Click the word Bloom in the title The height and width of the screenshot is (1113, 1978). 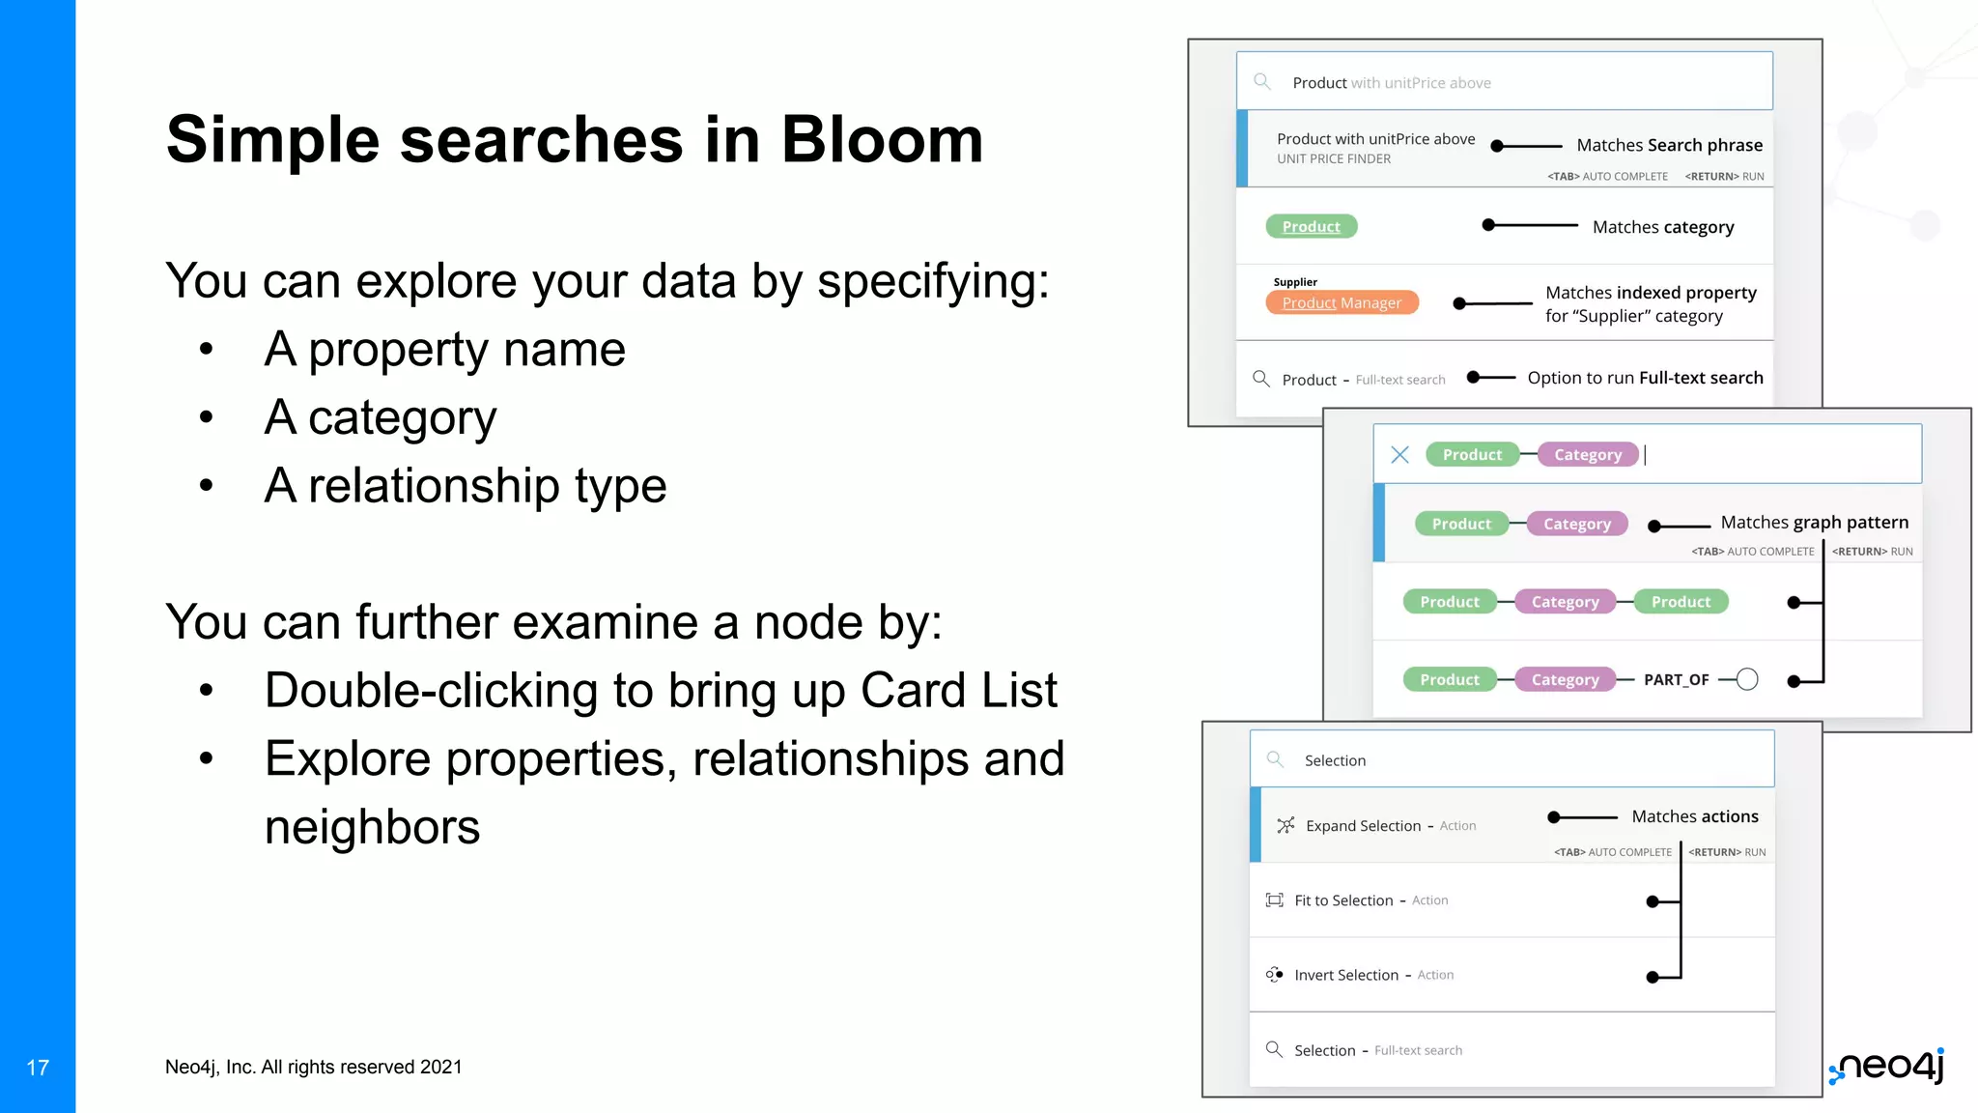click(x=881, y=141)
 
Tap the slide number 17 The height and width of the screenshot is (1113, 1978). click(x=38, y=1068)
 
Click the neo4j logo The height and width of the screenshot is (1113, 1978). click(x=1888, y=1066)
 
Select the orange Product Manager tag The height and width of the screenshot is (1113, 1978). click(x=1342, y=303)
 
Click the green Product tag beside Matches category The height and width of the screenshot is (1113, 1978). click(x=1311, y=227)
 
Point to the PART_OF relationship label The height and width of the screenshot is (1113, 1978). click(x=1676, y=680)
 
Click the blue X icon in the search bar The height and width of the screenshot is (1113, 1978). click(x=1399, y=455)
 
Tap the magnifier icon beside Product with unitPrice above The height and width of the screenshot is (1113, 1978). click(x=1261, y=82)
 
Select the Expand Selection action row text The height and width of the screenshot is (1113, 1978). click(x=1363, y=826)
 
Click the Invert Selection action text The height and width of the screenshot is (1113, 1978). click(x=1346, y=976)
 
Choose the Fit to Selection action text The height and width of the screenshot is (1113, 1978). click(x=1343, y=900)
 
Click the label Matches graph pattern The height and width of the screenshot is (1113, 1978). click(x=1814, y=523)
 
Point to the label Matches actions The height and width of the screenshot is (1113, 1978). click(x=1694, y=817)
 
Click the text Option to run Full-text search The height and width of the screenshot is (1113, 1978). click(x=1645, y=378)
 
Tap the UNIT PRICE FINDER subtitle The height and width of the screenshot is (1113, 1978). click(x=1334, y=159)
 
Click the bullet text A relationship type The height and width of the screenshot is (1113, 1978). click(x=465, y=486)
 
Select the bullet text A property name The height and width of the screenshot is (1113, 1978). click(x=444, y=350)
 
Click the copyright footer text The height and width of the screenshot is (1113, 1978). click(x=313, y=1068)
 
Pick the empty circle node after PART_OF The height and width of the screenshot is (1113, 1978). click(x=1746, y=680)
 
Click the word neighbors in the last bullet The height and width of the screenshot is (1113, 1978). click(x=372, y=828)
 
